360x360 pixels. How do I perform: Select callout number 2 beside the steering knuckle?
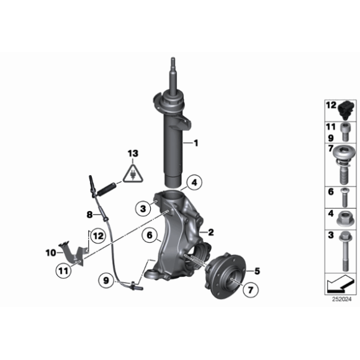tap(210, 233)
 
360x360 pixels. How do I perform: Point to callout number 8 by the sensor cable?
tap(89, 215)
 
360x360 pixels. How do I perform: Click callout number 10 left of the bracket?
tap(51, 253)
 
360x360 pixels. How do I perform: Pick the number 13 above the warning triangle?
tap(133, 153)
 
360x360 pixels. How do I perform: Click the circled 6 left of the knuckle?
tap(150, 235)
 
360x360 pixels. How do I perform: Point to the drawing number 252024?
tap(341, 299)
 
